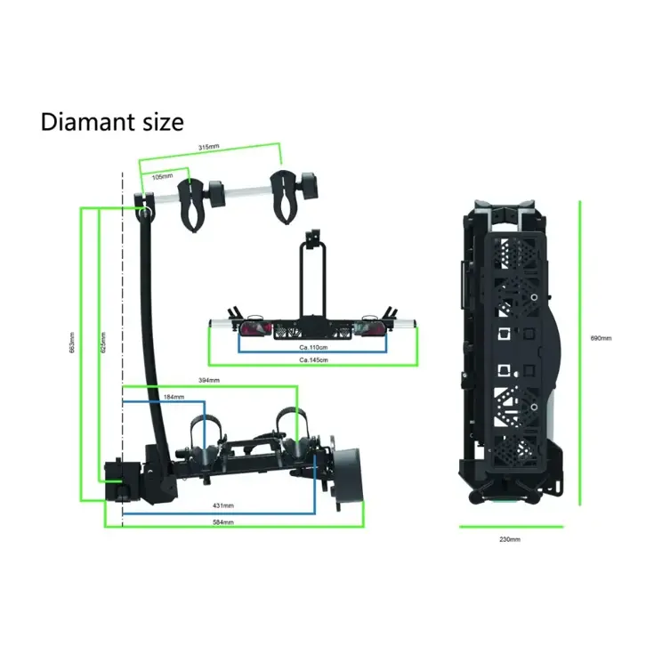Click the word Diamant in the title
coord(85,121)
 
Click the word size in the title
coord(159,121)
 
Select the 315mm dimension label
coord(209,147)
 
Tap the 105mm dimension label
coord(162,176)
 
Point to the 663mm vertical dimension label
coord(72,343)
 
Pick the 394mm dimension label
coord(209,380)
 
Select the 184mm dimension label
coord(174,396)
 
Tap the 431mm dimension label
coord(222,505)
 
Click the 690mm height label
coord(602,338)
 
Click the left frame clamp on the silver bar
coord(194,202)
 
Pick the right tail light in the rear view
coord(372,329)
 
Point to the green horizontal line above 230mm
coord(511,526)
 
